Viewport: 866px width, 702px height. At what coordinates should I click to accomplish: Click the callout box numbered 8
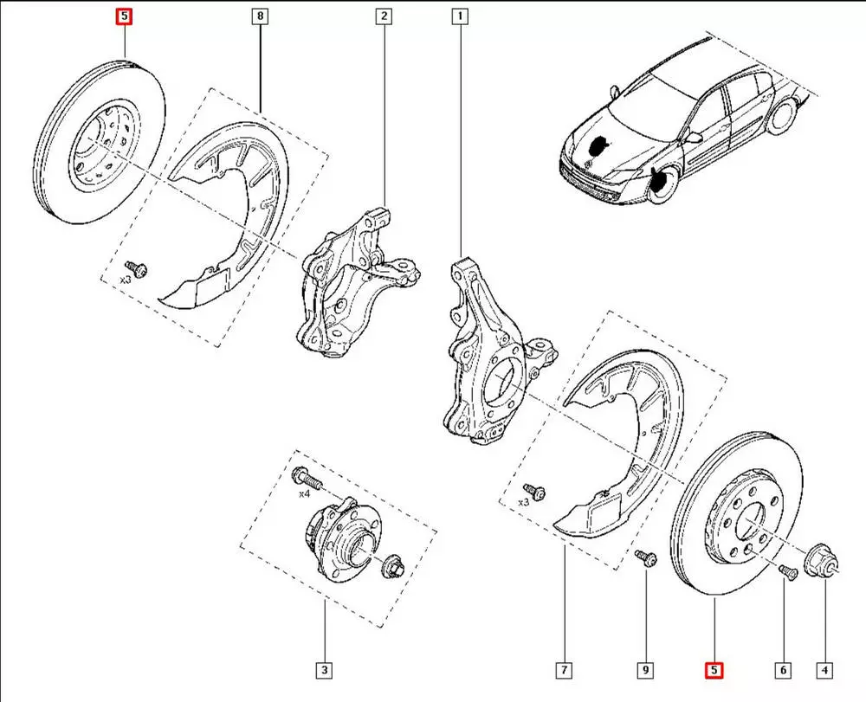click(x=261, y=16)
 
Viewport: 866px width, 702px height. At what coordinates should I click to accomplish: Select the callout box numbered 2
click(x=384, y=16)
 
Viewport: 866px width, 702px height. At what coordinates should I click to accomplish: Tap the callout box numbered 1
click(x=458, y=16)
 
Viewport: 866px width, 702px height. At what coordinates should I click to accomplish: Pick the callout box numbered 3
click(x=324, y=670)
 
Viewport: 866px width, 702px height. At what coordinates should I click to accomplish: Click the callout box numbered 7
click(x=564, y=670)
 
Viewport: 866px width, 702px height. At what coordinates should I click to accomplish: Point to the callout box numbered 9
click(x=645, y=670)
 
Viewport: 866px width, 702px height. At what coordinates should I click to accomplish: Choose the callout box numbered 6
click(x=783, y=670)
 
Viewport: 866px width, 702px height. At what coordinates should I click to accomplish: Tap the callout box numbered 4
click(x=824, y=670)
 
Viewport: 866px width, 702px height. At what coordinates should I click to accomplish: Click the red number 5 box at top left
click(x=126, y=16)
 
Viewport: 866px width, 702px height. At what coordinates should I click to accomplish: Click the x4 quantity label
click(x=304, y=494)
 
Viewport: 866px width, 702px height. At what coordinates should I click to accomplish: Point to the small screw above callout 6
click(x=786, y=570)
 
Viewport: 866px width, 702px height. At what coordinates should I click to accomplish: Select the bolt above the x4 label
click(x=305, y=476)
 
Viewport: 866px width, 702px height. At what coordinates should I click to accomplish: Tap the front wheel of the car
click(x=664, y=184)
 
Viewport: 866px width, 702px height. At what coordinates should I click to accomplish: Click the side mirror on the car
click(x=693, y=137)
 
